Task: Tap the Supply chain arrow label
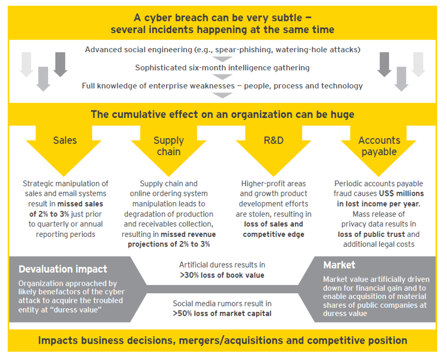click(x=169, y=146)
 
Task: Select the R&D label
click(x=273, y=141)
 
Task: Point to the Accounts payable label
click(x=379, y=146)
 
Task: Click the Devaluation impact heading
click(x=63, y=269)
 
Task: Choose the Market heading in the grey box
click(x=339, y=265)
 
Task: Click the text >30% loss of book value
click(x=222, y=275)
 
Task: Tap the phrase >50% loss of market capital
click(x=222, y=314)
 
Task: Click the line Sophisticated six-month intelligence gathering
click(x=222, y=68)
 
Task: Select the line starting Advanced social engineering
click(x=223, y=49)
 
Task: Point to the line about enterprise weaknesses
click(x=222, y=86)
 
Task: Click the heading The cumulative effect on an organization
click(x=223, y=114)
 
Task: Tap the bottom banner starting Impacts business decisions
click(x=223, y=340)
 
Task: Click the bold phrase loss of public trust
click(x=371, y=235)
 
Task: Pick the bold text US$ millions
click(x=401, y=193)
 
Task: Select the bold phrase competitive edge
click(x=273, y=235)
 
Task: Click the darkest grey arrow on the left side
click(x=60, y=64)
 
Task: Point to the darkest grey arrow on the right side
click(x=384, y=64)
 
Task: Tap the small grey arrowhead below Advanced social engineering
click(x=223, y=59)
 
